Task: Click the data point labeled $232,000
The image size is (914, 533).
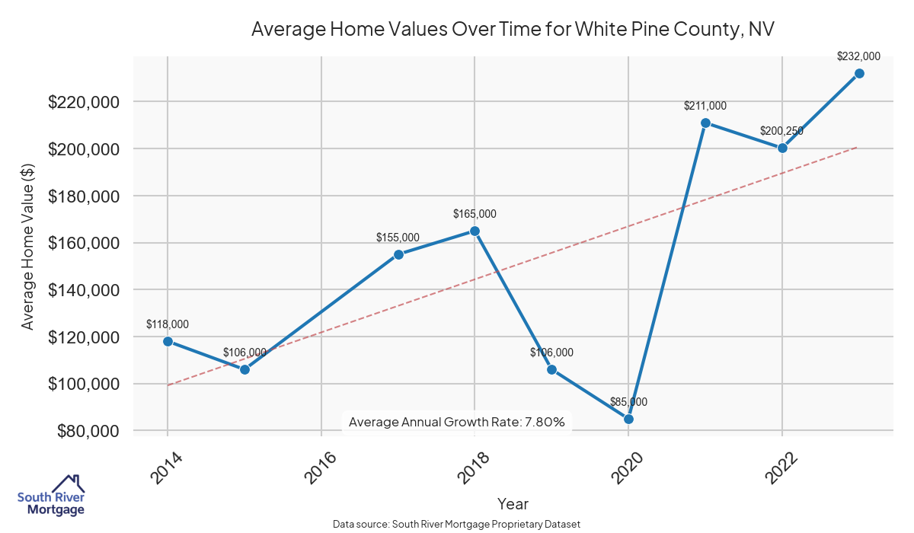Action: [859, 73]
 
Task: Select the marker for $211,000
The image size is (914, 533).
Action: [705, 123]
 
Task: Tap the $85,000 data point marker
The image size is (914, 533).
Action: [628, 419]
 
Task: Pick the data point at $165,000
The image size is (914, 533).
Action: [475, 231]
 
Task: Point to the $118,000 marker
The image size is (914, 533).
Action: [168, 341]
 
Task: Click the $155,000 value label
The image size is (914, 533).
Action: [398, 238]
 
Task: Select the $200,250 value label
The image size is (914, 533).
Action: [781, 131]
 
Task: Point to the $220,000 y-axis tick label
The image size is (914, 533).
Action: [84, 102]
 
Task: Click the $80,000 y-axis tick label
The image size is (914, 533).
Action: [88, 431]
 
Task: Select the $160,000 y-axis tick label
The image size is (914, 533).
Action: [84, 244]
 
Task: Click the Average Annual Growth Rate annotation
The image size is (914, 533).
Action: [456, 422]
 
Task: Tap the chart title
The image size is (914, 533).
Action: [513, 30]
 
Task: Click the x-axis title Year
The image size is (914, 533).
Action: [513, 503]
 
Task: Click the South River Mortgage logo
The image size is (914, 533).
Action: [51, 495]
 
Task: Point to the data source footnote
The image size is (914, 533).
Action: [457, 524]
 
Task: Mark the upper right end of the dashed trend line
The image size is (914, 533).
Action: [858, 147]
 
